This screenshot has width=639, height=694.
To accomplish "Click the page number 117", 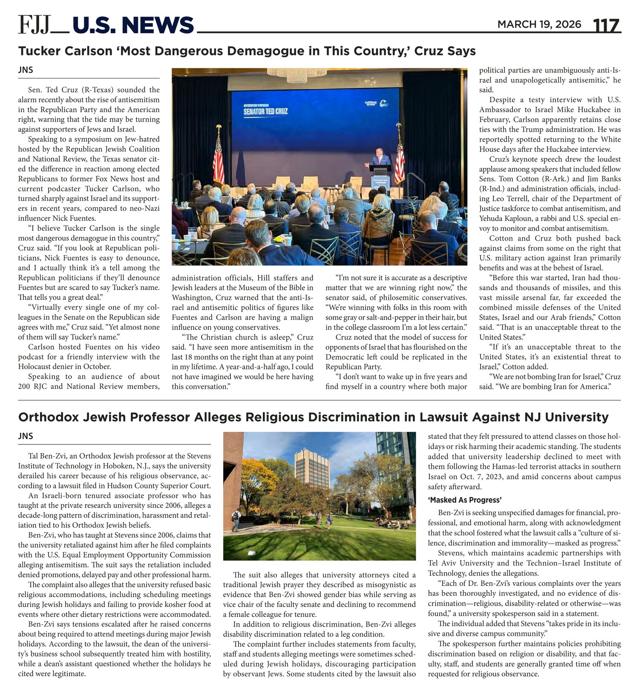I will (606, 26).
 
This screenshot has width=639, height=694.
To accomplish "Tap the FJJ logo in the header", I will (35, 25).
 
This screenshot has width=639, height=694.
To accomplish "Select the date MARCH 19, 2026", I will (539, 24).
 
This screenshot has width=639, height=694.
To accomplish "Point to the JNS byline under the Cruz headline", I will (26, 70).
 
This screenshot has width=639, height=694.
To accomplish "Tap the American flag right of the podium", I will (399, 156).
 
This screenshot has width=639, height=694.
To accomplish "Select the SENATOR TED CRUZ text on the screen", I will (265, 111).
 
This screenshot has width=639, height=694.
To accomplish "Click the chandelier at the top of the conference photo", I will (297, 75).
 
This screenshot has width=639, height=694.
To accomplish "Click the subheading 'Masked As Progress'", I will (465, 500).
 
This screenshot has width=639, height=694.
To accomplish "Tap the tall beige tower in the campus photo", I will (312, 468).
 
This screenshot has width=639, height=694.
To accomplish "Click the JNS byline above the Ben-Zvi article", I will (26, 436).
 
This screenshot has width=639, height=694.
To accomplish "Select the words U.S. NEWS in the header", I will (133, 25).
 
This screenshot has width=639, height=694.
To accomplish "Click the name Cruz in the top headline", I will (429, 51).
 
